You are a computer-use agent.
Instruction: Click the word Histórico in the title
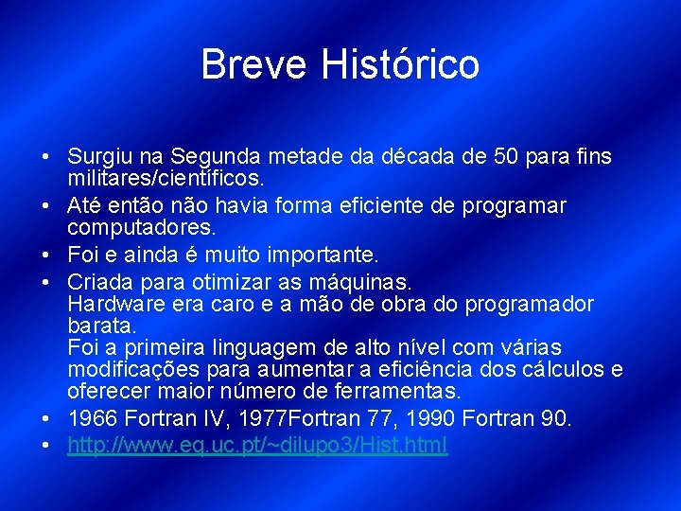tap(400, 65)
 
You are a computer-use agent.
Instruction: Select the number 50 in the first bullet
tap(512, 156)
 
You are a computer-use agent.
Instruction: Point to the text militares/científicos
tap(166, 178)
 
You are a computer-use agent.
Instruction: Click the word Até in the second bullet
tap(83, 205)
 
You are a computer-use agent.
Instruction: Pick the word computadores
tap(141, 227)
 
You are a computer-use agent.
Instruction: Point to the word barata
tap(97, 326)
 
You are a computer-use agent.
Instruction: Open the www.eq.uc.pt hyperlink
tap(257, 445)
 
